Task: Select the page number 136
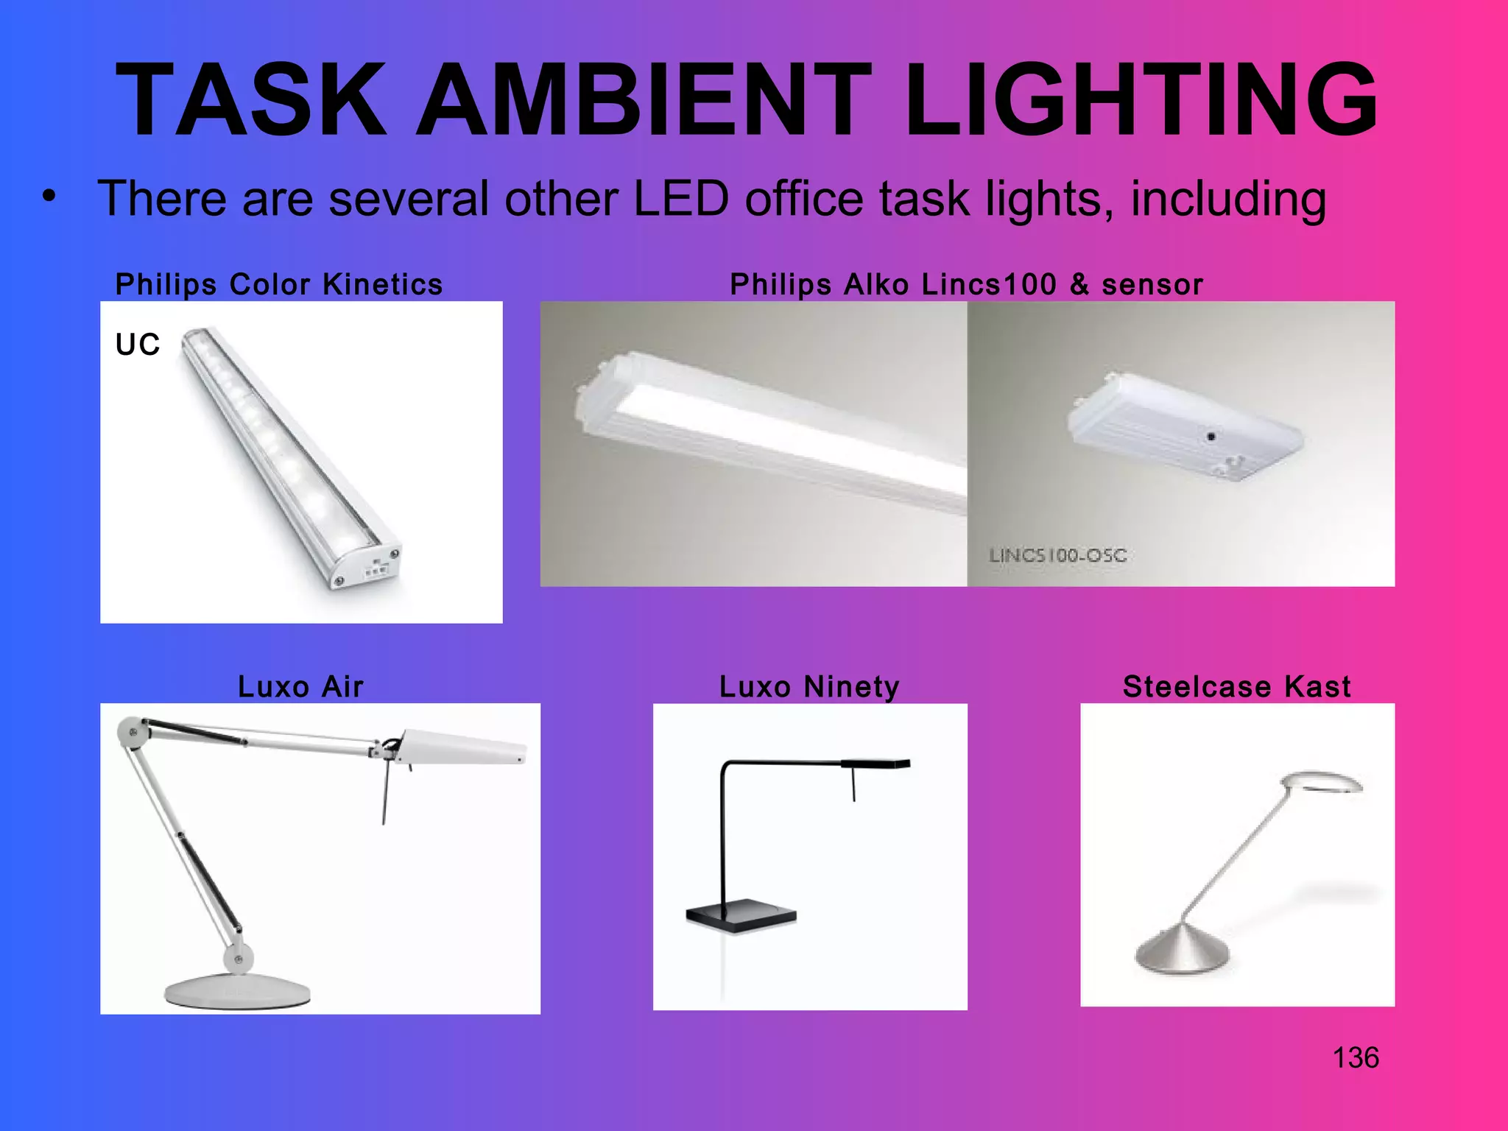pos(1356,1058)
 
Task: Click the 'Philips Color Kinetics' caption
pos(279,284)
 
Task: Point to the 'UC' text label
pos(138,345)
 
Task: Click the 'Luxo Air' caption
pos(300,686)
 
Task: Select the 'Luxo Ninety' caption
pos(809,686)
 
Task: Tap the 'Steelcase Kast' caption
pos(1237,686)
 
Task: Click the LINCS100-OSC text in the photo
pos(1057,555)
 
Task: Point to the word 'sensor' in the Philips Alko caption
pos(1152,284)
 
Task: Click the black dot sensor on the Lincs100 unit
pos(1211,437)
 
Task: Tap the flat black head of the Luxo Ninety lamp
pos(875,764)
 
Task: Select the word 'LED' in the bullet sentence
pos(680,199)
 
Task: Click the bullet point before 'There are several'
pos(49,197)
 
